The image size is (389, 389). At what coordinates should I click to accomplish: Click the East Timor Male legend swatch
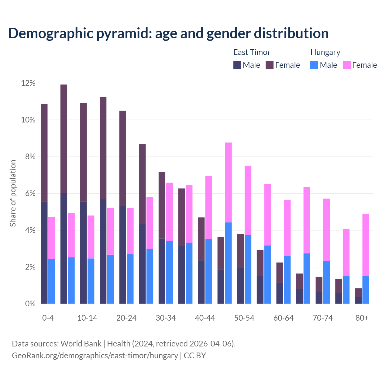coord(237,65)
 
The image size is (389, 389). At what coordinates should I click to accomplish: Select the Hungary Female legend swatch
coord(347,65)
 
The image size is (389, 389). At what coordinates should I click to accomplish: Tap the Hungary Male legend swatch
coord(314,65)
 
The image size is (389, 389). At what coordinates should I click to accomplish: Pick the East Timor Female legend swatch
coord(270,65)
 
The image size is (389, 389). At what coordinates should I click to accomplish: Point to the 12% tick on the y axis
coord(28,83)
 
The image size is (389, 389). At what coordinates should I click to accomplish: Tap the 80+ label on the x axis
coord(362,318)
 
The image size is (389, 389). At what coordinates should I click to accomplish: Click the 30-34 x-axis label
coord(166,318)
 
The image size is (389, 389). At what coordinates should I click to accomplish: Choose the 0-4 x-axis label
coord(48,318)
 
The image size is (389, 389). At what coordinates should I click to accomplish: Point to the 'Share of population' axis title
coord(13,193)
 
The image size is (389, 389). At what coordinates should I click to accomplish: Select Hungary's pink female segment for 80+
coord(366,245)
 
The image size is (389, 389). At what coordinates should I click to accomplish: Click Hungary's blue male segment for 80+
coord(366,290)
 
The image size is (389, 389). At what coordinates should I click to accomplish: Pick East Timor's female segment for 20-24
coord(122,158)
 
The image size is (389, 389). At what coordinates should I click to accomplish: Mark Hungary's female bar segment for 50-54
coord(248,200)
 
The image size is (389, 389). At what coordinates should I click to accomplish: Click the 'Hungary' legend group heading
coord(325,52)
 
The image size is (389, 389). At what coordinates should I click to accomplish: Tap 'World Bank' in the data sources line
coord(81,344)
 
